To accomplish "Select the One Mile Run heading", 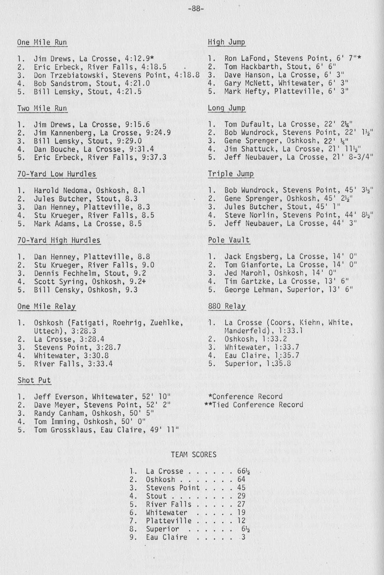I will tap(42, 42).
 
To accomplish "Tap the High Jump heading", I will tap(226, 42).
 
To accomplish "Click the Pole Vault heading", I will tap(229, 240).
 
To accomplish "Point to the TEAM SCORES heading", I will tap(193, 455).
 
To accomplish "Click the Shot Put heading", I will tap(34, 380).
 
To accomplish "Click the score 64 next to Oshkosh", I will tap(241, 480).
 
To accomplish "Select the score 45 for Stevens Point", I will tap(241, 488).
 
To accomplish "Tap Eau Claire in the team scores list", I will tap(166, 537).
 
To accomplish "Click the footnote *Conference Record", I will tap(245, 397).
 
